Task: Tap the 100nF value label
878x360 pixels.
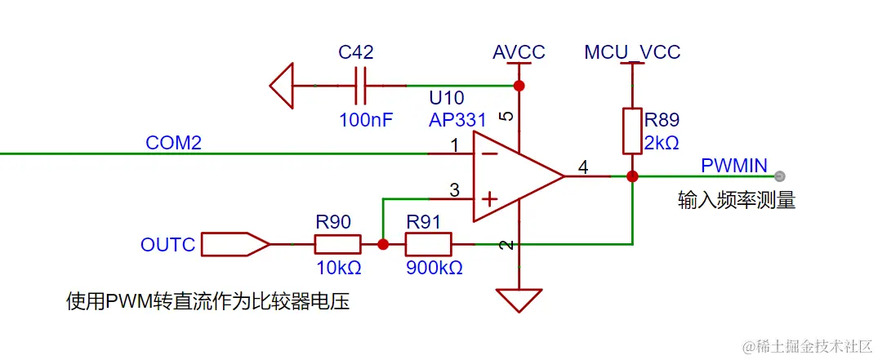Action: (x=366, y=120)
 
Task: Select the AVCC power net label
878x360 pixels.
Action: (x=519, y=52)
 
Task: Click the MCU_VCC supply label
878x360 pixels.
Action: (x=632, y=52)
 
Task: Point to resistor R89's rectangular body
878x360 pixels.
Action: (x=631, y=131)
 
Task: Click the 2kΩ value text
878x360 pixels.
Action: (x=662, y=142)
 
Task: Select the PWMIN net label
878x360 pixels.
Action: (x=733, y=166)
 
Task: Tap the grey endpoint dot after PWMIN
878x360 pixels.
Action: (x=780, y=176)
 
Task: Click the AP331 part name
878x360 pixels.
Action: (x=457, y=120)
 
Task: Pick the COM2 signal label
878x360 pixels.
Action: (x=173, y=143)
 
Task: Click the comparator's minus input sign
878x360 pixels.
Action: (x=488, y=153)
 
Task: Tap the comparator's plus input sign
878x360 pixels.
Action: (x=488, y=198)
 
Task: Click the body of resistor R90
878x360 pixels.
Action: (x=337, y=243)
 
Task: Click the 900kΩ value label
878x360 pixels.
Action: (x=434, y=268)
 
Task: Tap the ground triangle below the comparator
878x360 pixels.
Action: (x=518, y=299)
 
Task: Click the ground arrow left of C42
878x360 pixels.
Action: (x=282, y=86)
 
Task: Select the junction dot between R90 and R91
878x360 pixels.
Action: (x=382, y=243)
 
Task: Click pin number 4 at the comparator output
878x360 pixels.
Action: (x=582, y=167)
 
